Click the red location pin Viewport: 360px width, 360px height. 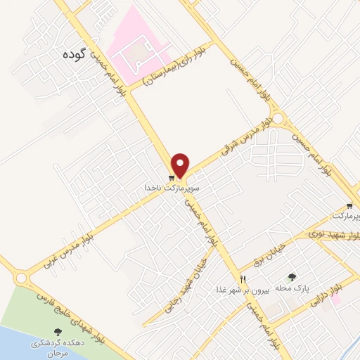click(181, 165)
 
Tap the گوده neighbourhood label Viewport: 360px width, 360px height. click(93, 56)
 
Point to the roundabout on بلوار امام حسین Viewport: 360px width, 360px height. click(278, 120)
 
